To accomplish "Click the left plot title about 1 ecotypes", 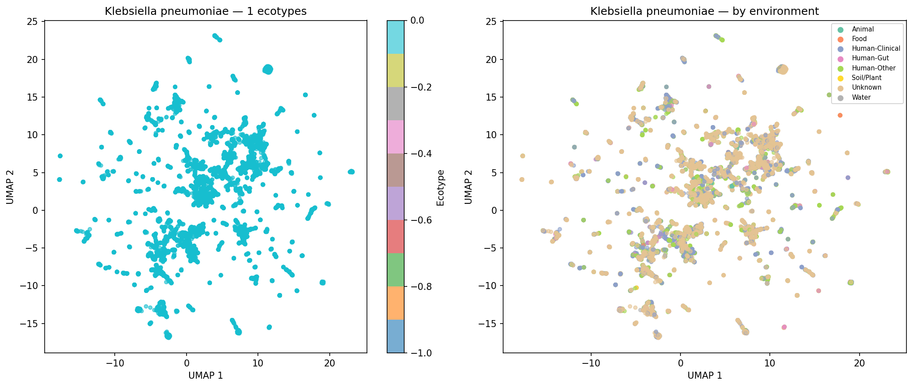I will point(205,11).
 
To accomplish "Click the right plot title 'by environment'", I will point(704,11).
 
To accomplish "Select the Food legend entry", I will point(859,39).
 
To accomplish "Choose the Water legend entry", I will point(861,98).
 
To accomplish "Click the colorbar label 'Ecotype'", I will point(440,187).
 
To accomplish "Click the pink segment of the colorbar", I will point(396,137).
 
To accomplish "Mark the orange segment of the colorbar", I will point(396,303).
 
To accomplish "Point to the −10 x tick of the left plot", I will point(115,363).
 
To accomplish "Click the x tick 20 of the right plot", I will point(859,363).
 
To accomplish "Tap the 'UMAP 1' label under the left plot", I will point(205,376).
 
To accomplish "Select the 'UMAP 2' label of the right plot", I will point(469,187).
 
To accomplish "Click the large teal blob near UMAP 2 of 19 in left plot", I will point(268,69).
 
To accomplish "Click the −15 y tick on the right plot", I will point(488,324).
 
